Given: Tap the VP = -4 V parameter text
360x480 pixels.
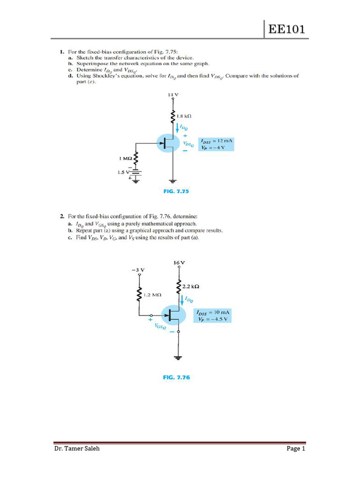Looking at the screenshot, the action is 213,147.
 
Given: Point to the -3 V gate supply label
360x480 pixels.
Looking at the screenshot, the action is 138,270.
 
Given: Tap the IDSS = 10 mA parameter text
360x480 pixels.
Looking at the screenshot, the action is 215,312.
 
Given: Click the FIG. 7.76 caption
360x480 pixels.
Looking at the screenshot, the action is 177,377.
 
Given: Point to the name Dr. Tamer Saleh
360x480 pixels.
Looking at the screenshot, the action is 76,449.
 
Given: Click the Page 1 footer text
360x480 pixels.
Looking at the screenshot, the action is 296,449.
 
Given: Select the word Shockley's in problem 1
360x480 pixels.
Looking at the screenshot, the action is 98,75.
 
